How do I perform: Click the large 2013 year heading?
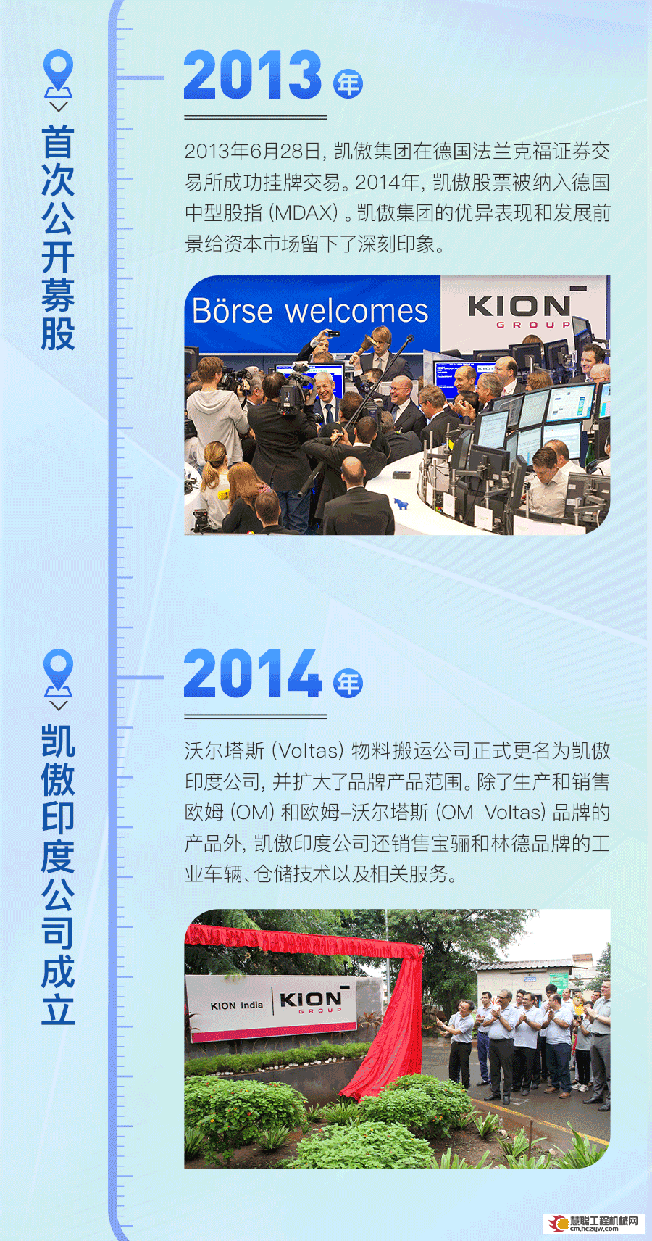click(252, 75)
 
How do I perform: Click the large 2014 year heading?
click(252, 673)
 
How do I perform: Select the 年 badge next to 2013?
click(348, 84)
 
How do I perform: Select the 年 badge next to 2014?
click(348, 683)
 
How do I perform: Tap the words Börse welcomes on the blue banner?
click(310, 311)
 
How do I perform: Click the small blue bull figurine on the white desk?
click(401, 504)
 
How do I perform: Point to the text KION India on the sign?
click(237, 1005)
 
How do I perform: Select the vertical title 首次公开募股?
click(58, 238)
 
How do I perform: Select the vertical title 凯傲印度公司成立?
click(58, 875)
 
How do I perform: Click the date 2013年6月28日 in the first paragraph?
click(253, 152)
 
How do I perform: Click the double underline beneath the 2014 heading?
click(255, 716)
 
